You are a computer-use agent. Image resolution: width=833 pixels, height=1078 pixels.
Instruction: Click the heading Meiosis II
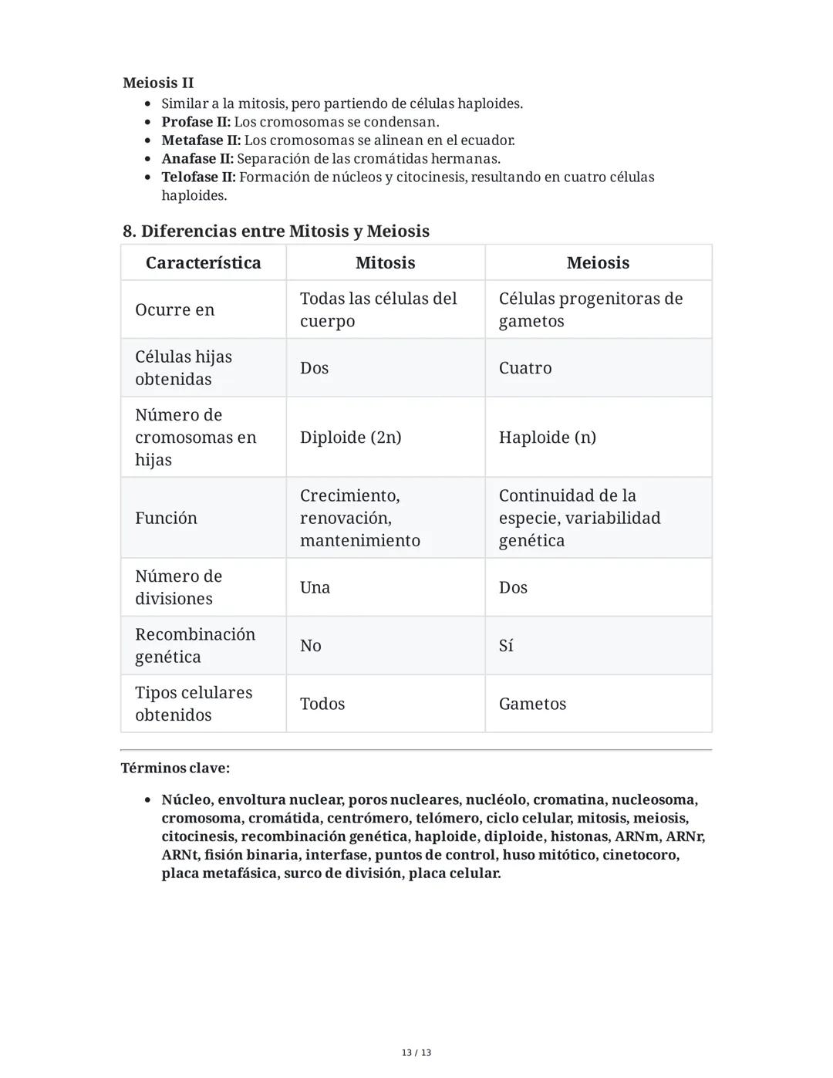[x=158, y=83]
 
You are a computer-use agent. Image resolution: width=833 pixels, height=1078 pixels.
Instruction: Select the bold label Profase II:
[x=196, y=122]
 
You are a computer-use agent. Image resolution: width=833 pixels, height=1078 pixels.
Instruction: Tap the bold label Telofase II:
[x=198, y=177]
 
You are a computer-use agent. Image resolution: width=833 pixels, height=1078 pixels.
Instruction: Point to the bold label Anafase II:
[x=197, y=158]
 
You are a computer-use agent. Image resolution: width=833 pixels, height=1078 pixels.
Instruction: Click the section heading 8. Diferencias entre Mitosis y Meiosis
[x=275, y=231]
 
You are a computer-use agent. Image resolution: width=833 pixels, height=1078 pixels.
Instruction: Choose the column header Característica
[x=203, y=262]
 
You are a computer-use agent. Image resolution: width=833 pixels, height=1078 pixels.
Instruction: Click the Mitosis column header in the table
[x=385, y=262]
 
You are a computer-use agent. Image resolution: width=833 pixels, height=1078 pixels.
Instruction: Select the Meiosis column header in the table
[x=598, y=262]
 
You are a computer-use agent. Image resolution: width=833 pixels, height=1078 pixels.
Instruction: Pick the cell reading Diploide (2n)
[x=350, y=437]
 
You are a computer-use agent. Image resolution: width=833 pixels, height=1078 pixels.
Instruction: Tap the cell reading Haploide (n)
[x=547, y=437]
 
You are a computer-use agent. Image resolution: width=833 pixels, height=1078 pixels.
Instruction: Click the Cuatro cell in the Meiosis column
[x=525, y=367]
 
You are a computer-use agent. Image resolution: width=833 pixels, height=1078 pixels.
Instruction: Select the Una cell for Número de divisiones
[x=315, y=587]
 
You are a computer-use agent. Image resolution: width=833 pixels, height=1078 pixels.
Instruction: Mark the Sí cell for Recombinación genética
[x=506, y=645]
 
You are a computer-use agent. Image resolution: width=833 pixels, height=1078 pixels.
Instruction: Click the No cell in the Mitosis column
[x=310, y=645]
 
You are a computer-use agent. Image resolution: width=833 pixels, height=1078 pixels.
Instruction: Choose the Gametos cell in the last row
[x=532, y=704]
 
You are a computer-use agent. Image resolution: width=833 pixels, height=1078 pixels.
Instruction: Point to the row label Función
[x=166, y=518]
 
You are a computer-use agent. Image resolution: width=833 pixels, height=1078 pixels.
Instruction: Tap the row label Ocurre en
[x=174, y=309]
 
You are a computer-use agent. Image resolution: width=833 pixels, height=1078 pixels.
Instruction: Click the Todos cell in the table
[x=322, y=704]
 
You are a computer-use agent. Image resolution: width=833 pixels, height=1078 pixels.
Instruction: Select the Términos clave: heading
[x=175, y=768]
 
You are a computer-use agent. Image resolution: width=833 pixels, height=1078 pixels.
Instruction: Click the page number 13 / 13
[x=416, y=1053]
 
